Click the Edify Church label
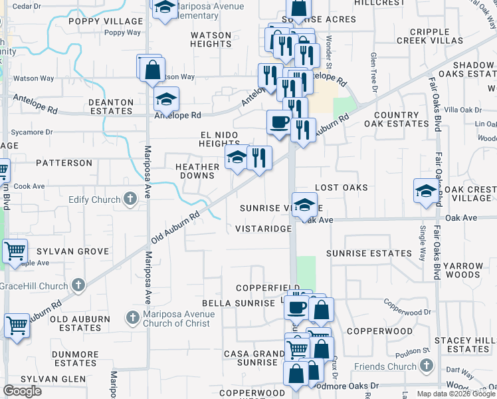tap(94, 199)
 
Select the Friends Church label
tap(394, 366)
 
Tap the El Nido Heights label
tap(219, 139)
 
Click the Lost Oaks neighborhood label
tap(341, 188)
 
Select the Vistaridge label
tap(263, 229)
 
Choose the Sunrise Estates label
tap(369, 253)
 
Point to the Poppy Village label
tap(96, 21)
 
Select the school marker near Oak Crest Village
tap(426, 190)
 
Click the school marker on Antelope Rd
tap(166, 99)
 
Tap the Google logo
tap(22, 391)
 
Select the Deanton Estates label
tap(111, 107)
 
